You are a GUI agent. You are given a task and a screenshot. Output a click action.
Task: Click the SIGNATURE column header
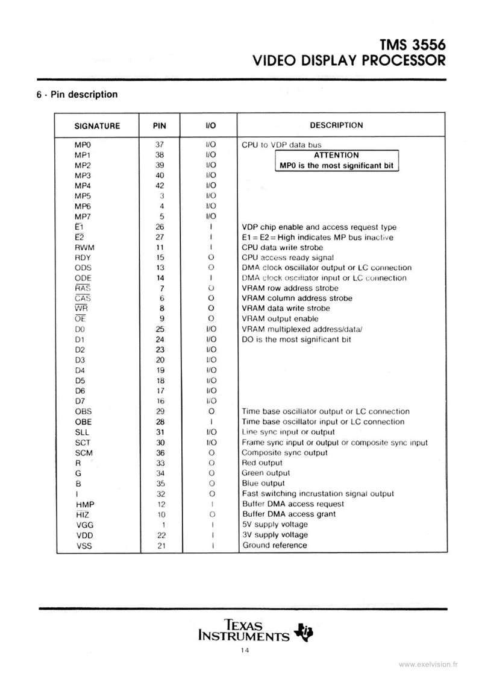click(x=97, y=126)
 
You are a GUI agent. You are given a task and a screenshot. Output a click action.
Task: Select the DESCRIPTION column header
click(x=336, y=125)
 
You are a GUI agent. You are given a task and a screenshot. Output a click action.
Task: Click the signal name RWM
click(x=84, y=247)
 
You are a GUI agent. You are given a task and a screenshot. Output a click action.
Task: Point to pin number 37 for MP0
click(x=160, y=145)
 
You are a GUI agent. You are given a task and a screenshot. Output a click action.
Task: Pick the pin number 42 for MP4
click(x=160, y=186)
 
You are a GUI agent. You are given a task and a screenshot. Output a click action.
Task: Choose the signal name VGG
click(x=84, y=525)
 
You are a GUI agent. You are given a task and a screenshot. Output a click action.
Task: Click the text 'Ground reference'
click(x=274, y=545)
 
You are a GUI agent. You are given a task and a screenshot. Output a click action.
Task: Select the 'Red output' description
click(x=262, y=463)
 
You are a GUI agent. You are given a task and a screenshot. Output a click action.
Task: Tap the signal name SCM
click(x=84, y=452)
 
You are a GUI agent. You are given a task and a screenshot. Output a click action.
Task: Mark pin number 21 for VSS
click(x=160, y=545)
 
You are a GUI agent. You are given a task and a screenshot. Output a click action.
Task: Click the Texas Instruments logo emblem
click(x=302, y=631)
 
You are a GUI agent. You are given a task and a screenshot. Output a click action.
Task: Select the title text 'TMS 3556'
click(x=412, y=44)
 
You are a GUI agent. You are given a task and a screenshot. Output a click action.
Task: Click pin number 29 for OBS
click(x=160, y=411)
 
